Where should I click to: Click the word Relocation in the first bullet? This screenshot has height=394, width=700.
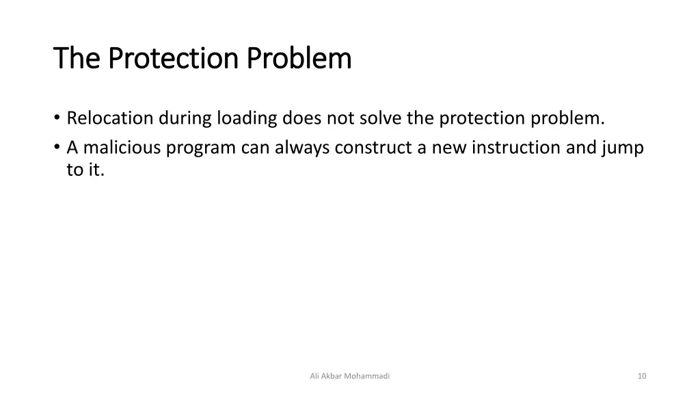[x=110, y=119]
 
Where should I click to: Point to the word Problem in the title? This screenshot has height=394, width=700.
[x=299, y=58]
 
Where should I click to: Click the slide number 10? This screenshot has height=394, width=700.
[x=641, y=376]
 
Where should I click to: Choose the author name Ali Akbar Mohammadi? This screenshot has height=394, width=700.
[x=350, y=376]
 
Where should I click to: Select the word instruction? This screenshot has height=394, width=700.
[x=518, y=148]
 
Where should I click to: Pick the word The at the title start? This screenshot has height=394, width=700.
[x=77, y=58]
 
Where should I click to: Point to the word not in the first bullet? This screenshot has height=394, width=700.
[x=340, y=119]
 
